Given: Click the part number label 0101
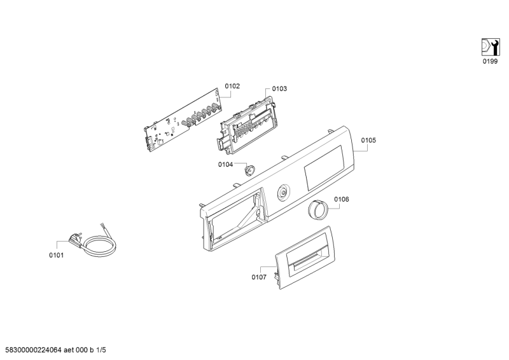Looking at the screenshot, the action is [x=56, y=255].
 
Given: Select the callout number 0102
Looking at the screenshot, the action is [x=232, y=86].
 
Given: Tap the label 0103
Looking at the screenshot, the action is [x=279, y=88].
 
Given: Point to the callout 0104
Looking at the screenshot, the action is [x=225, y=165].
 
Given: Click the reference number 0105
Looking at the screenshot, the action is [x=368, y=140].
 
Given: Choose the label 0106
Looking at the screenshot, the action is [x=342, y=199].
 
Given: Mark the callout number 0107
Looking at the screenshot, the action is [x=259, y=277].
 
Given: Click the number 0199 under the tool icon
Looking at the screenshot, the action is [x=490, y=61].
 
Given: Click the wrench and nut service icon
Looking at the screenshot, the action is [x=490, y=47].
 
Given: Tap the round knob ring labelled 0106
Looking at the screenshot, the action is [x=317, y=210].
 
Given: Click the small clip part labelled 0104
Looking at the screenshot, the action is [x=249, y=169].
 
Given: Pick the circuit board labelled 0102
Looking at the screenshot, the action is [x=183, y=120].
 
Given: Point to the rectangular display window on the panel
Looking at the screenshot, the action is [x=324, y=168].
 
